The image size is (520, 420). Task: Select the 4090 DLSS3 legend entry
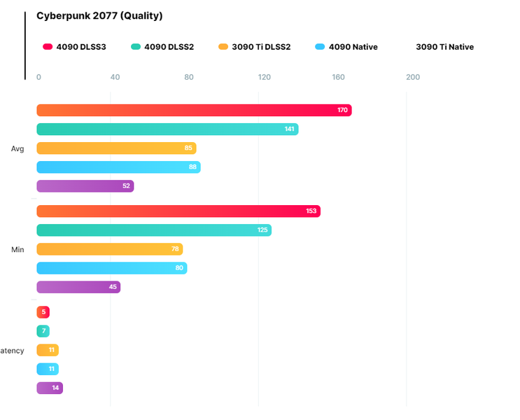pyautogui.click(x=77, y=47)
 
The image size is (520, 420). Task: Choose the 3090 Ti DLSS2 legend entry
pyautogui.click(x=254, y=47)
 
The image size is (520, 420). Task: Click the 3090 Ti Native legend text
pyautogui.click(x=444, y=47)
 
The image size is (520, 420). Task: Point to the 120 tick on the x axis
pyautogui.click(x=264, y=77)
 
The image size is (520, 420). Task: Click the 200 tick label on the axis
pyautogui.click(x=413, y=77)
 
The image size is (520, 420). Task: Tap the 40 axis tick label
pyautogui.click(x=115, y=77)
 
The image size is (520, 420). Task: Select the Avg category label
pyautogui.click(x=17, y=148)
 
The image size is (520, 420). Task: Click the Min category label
pyautogui.click(x=17, y=249)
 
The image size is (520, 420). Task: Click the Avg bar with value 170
pyautogui.click(x=194, y=110)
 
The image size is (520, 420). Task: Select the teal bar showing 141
pyautogui.click(x=167, y=129)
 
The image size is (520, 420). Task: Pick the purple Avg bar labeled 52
pyautogui.click(x=85, y=186)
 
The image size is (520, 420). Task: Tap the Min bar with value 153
pyautogui.click(x=178, y=211)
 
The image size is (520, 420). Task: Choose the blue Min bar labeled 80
pyautogui.click(x=111, y=268)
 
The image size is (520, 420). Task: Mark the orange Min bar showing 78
pyautogui.click(x=109, y=249)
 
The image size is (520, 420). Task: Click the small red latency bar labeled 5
pyautogui.click(x=43, y=312)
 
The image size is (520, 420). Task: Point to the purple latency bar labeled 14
pyautogui.click(x=50, y=388)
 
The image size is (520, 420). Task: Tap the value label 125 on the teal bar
pyautogui.click(x=262, y=230)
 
